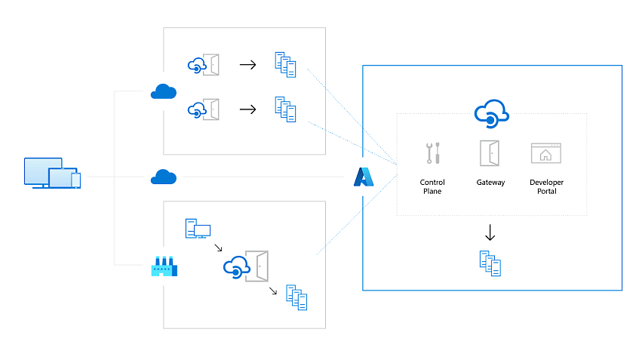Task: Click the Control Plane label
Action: (432, 187)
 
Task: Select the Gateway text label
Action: (490, 183)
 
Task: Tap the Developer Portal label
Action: (546, 187)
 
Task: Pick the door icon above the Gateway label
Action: (490, 152)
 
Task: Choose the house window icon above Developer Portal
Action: (546, 153)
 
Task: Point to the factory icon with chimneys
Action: (164, 266)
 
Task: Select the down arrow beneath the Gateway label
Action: (490, 232)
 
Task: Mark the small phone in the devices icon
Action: (75, 180)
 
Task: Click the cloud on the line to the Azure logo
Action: (164, 177)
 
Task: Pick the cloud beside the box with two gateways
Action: (164, 92)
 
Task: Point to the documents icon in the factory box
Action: (297, 297)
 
